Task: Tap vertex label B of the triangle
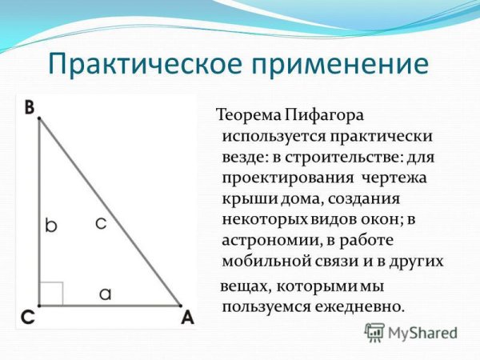click(x=29, y=106)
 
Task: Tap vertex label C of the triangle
click(x=27, y=318)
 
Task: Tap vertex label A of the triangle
click(x=188, y=318)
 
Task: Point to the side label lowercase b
click(x=51, y=226)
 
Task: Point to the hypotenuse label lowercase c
click(x=100, y=224)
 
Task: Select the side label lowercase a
click(x=105, y=294)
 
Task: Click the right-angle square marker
click(x=51, y=293)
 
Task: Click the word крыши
click(x=243, y=198)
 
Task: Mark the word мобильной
click(x=264, y=262)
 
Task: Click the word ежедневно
click(x=363, y=306)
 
